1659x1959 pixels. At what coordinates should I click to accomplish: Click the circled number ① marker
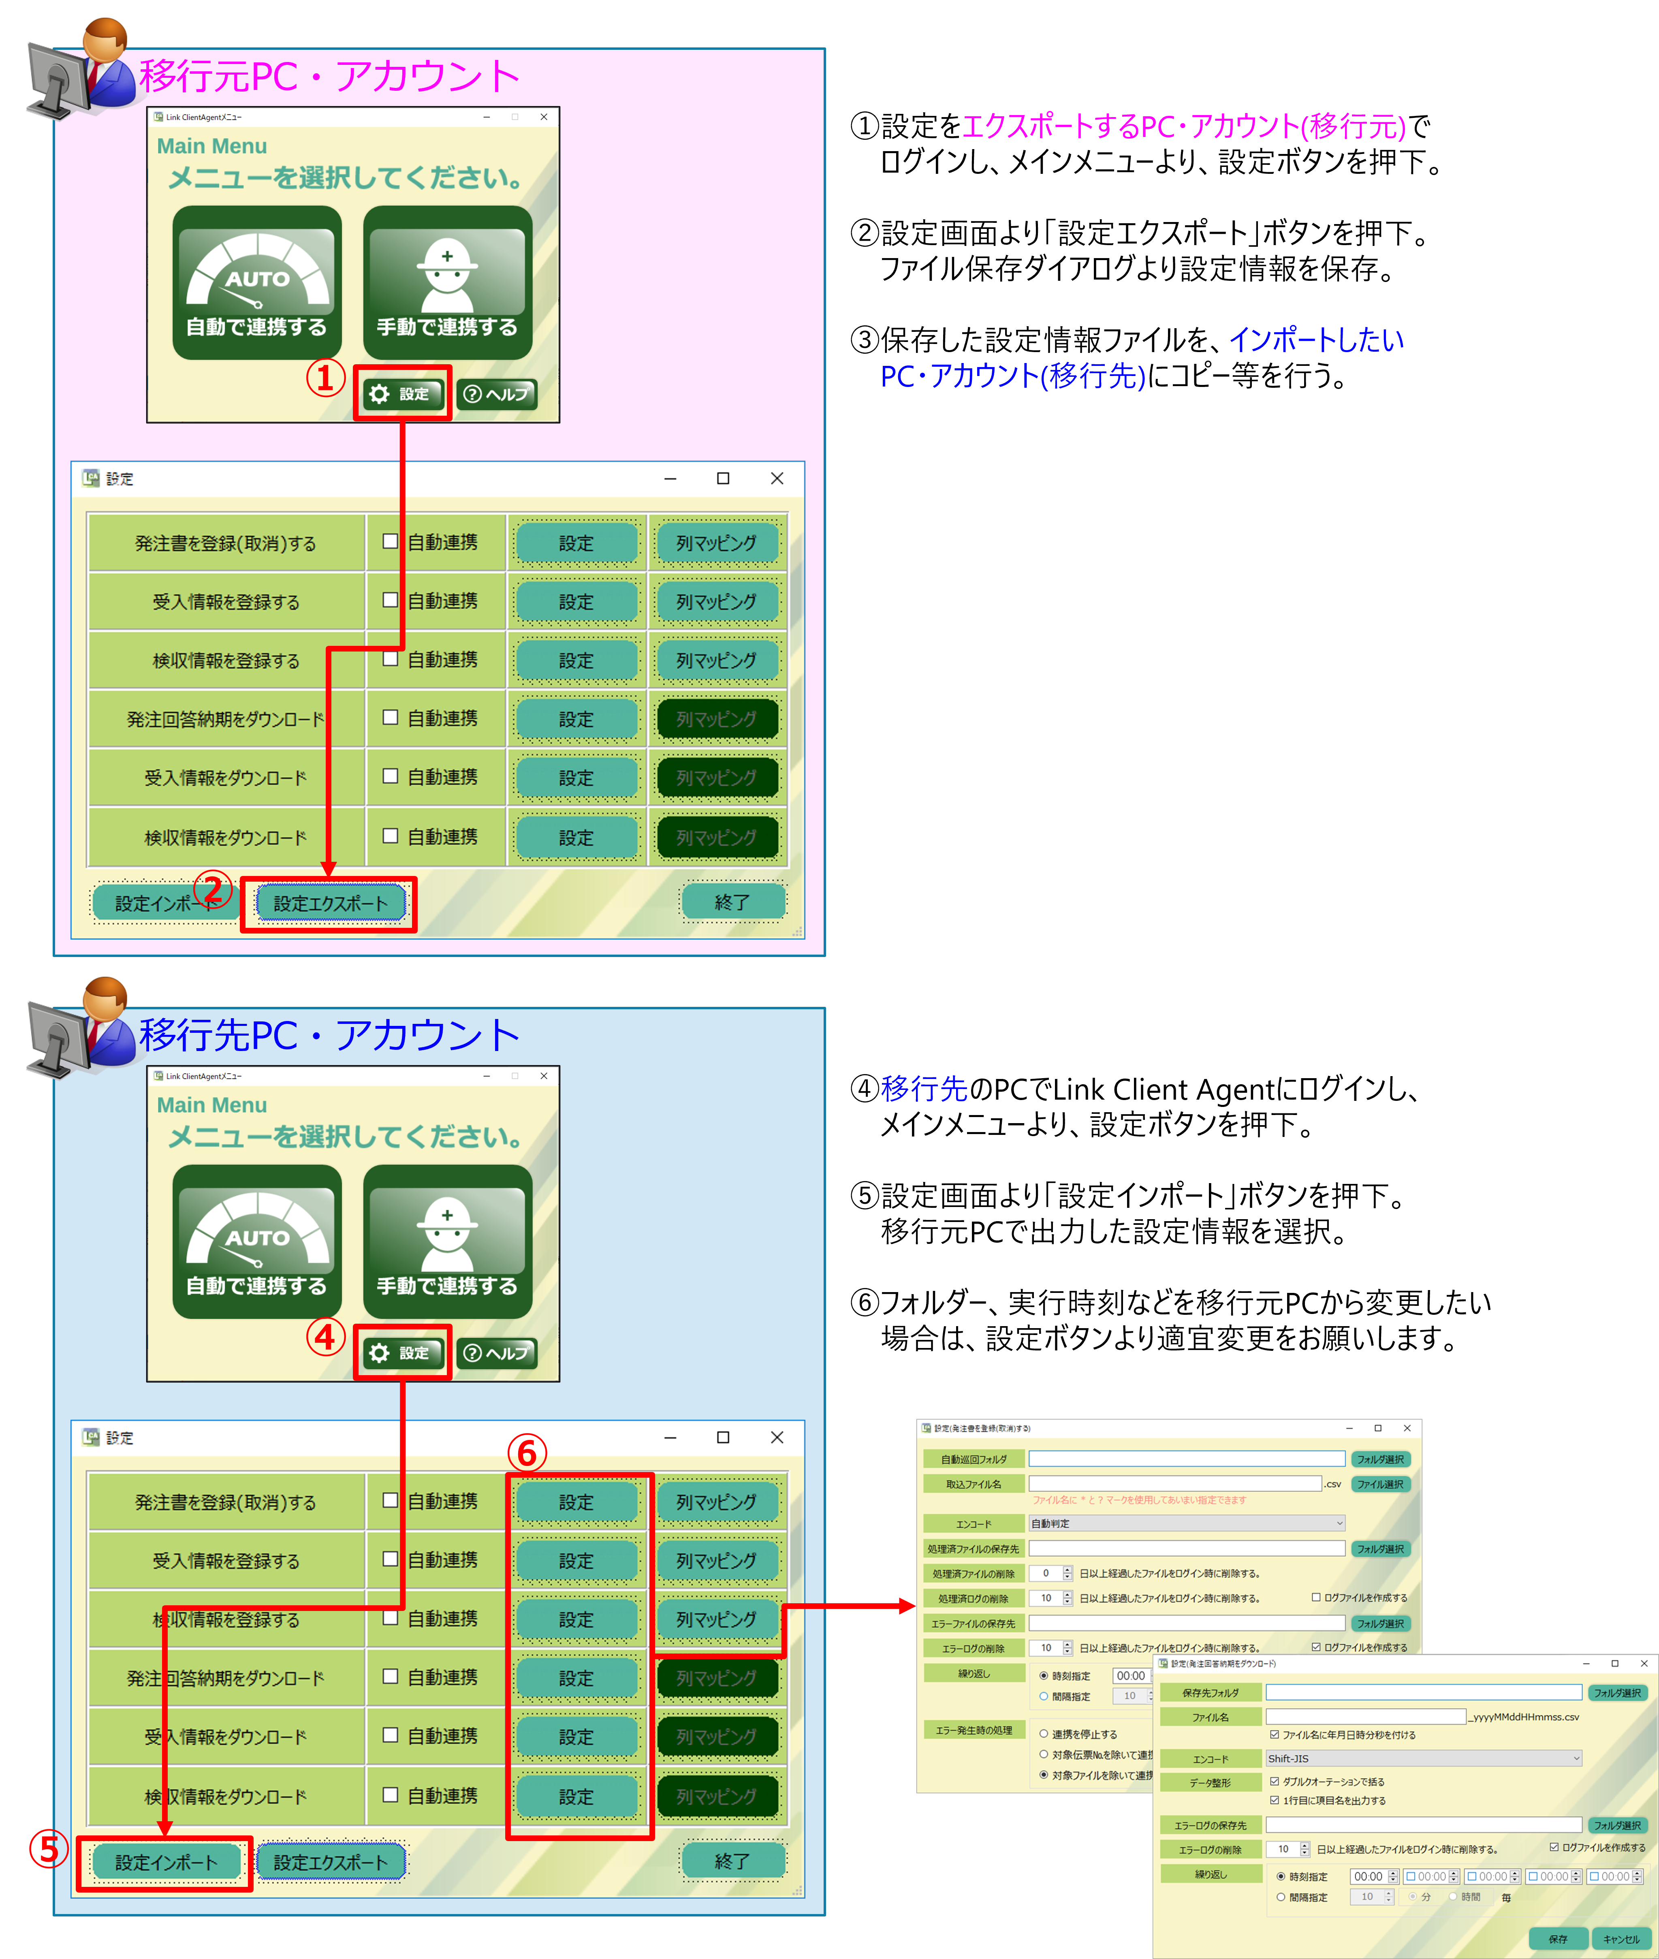click(325, 378)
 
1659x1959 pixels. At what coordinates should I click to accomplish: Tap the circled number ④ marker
click(325, 1336)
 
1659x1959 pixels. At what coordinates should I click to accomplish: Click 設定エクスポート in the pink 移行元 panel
click(330, 903)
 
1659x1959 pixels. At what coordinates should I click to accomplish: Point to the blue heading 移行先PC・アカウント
click(329, 1034)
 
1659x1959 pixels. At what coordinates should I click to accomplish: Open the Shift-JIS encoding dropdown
click(1423, 1758)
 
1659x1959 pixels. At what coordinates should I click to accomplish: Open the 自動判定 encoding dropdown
click(1186, 1523)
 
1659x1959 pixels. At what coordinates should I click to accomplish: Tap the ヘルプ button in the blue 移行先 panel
click(497, 1352)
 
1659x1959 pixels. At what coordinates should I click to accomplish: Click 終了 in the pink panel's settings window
click(732, 902)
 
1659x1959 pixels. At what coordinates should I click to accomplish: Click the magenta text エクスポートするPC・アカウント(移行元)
click(1183, 126)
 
